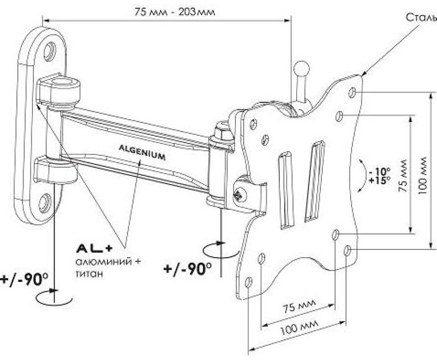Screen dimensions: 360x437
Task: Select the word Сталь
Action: (420, 17)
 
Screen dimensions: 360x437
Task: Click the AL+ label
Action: (94, 248)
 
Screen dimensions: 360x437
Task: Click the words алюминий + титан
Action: (107, 268)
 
